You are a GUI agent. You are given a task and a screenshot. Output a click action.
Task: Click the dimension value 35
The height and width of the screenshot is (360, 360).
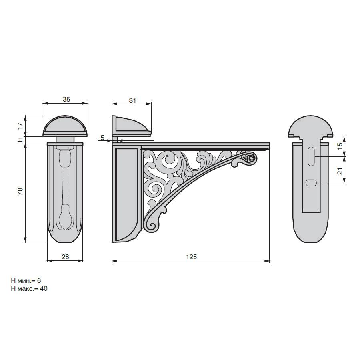(66, 100)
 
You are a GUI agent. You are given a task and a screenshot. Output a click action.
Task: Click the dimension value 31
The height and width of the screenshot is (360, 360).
(132, 100)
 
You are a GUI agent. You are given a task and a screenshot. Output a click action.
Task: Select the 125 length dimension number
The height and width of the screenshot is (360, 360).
(191, 257)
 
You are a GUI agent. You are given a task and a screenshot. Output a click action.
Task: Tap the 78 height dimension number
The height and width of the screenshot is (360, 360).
(20, 191)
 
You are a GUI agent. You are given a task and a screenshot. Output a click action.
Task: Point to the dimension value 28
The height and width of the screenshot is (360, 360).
(65, 257)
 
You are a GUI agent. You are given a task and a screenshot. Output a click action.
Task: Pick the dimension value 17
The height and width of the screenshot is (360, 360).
(20, 126)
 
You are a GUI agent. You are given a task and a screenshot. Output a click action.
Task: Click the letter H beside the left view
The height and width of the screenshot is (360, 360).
(20, 139)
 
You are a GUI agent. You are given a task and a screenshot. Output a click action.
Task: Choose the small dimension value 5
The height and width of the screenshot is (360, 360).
(102, 138)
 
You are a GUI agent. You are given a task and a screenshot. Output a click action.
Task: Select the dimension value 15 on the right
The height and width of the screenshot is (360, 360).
(340, 146)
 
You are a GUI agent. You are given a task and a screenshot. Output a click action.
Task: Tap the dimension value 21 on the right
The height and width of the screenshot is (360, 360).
(340, 171)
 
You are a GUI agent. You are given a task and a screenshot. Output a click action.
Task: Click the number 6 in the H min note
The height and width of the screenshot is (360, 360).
(39, 280)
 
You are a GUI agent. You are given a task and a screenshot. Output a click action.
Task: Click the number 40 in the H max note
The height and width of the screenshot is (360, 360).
(44, 288)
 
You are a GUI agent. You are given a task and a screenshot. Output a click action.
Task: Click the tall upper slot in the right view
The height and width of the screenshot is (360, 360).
(311, 156)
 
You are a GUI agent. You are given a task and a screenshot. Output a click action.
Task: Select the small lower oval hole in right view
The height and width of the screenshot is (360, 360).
(311, 183)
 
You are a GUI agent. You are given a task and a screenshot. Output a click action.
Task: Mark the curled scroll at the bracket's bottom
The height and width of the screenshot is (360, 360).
(152, 226)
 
